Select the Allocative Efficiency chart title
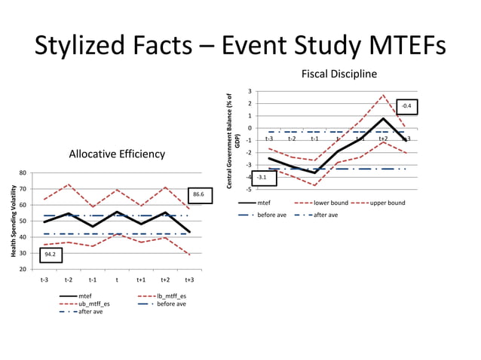point(117,154)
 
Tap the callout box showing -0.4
point(406,107)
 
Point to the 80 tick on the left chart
point(23,172)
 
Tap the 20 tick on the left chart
point(23,269)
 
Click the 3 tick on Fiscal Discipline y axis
point(249,92)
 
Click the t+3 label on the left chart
point(189,280)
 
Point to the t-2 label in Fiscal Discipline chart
point(292,139)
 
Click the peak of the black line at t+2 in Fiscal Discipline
point(383,118)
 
